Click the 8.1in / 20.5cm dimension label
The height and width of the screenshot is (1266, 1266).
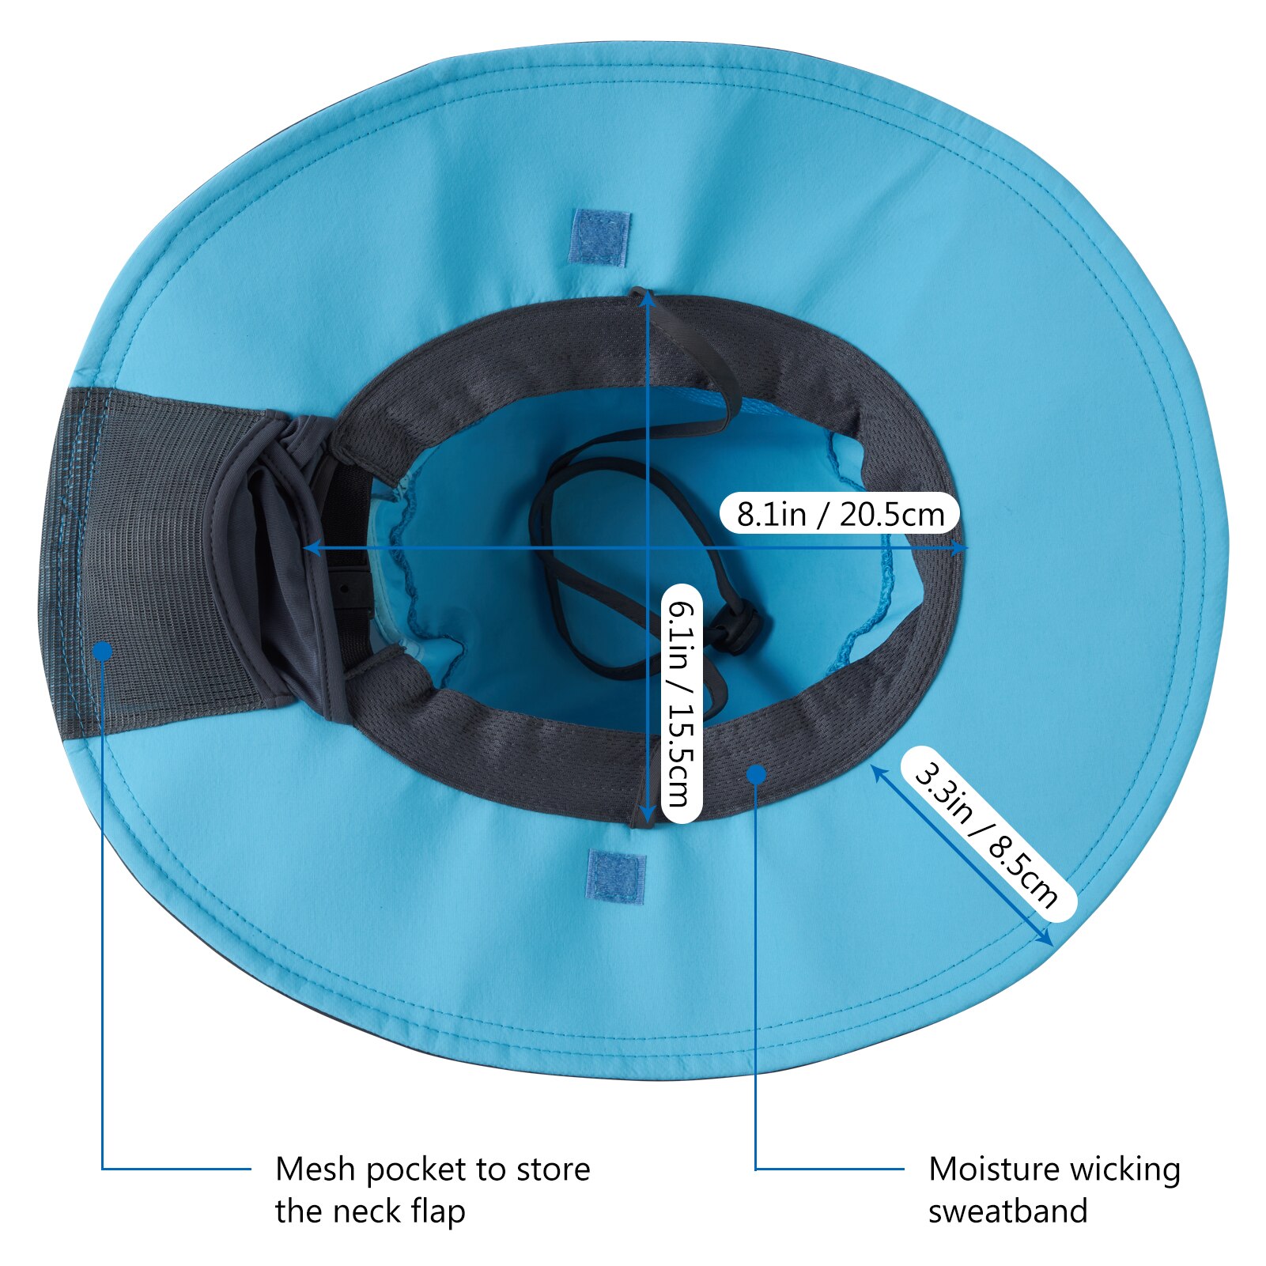pyautogui.click(x=840, y=514)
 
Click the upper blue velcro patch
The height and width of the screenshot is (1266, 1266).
pyautogui.click(x=599, y=237)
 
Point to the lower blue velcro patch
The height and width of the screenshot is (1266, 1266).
pyautogui.click(x=616, y=876)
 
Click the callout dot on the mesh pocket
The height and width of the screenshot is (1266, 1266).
pyautogui.click(x=103, y=651)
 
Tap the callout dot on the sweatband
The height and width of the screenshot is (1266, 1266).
pyautogui.click(x=757, y=775)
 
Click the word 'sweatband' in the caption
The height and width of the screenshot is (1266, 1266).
pyautogui.click(x=1008, y=1211)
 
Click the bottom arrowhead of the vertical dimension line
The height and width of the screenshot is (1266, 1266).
pyautogui.click(x=647, y=814)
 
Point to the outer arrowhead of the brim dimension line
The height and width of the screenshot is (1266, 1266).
pyautogui.click(x=1045, y=938)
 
